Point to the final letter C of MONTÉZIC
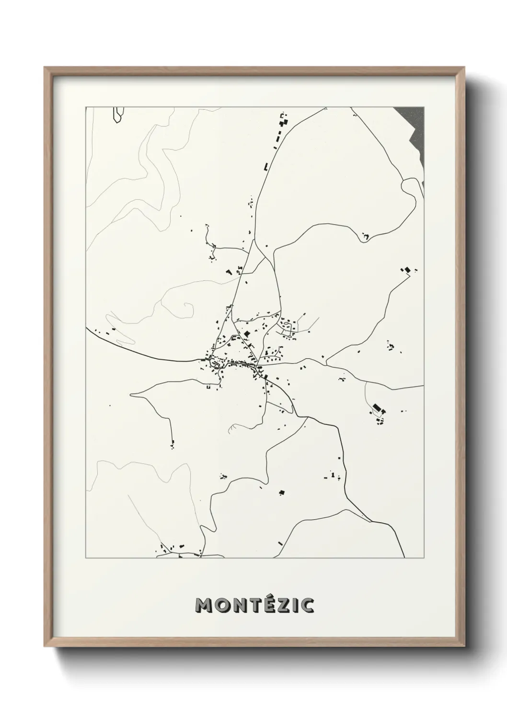tap(306, 605)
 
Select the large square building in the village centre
tap(247, 334)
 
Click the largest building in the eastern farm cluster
tap(377, 407)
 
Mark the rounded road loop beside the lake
tap(411, 191)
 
